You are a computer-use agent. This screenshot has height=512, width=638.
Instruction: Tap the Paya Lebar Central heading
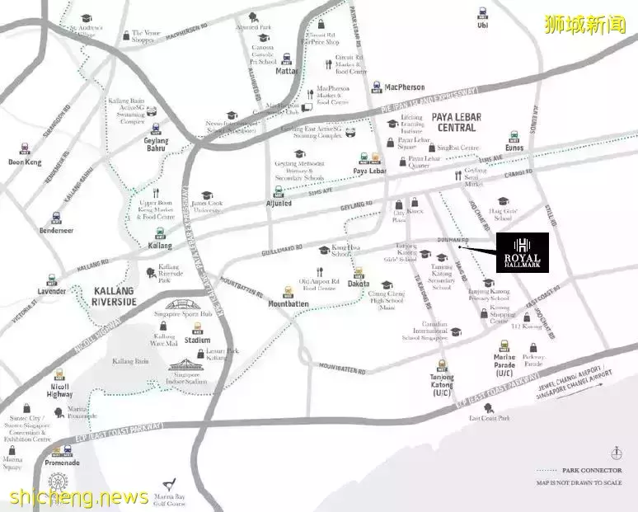[x=456, y=123]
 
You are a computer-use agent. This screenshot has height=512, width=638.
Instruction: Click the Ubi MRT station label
[x=482, y=25]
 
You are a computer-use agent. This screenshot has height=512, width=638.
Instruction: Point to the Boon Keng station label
[x=25, y=162]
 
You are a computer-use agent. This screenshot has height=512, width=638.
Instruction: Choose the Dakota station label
[x=359, y=283]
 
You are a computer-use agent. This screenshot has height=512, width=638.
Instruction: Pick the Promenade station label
[x=63, y=463]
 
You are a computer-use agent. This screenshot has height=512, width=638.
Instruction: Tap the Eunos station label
[x=515, y=148]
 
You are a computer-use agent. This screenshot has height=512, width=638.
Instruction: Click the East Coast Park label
[x=490, y=419]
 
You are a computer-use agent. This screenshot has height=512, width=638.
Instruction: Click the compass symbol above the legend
[x=616, y=453]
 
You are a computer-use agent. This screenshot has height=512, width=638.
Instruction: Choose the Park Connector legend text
[x=590, y=470]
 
